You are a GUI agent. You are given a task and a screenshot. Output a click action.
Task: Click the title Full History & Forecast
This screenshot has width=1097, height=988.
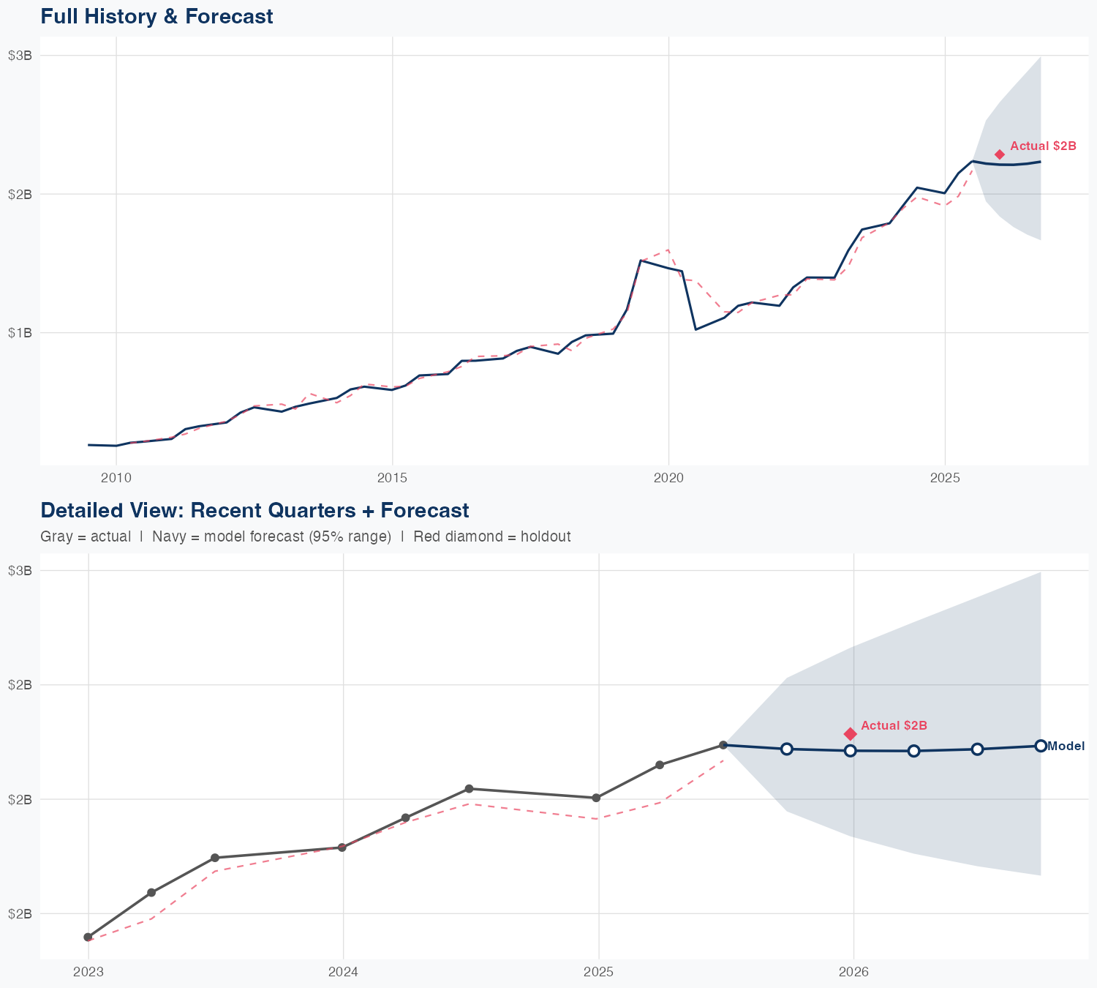[x=157, y=16]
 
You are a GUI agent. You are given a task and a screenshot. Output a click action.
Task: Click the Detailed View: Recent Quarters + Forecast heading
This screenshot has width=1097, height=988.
[x=255, y=510]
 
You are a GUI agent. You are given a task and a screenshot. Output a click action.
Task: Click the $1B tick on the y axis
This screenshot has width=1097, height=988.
[x=20, y=333]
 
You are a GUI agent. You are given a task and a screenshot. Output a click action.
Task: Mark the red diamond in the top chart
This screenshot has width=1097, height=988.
[x=1000, y=154]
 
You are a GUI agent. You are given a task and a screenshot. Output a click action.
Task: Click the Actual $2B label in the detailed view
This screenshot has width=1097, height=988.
[x=894, y=725]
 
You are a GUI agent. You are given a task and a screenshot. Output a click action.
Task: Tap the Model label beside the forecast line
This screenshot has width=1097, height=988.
[x=1066, y=746]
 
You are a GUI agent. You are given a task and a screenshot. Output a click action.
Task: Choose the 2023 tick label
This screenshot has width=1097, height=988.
[x=88, y=972]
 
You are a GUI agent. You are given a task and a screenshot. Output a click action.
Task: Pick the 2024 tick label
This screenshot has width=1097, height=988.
[x=343, y=972]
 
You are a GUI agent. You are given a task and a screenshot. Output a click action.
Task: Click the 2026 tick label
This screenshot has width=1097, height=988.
[x=853, y=972]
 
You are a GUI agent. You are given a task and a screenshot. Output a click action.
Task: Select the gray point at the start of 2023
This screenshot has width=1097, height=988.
[x=88, y=937]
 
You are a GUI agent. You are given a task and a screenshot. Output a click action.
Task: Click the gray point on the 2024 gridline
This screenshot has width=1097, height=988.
[x=342, y=847]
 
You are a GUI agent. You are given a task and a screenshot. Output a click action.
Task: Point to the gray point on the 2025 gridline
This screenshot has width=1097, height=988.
[x=596, y=798]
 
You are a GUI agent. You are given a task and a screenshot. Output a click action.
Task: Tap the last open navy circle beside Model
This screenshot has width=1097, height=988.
[x=1041, y=746]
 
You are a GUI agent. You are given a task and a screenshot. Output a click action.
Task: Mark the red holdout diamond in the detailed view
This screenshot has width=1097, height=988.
[x=850, y=733]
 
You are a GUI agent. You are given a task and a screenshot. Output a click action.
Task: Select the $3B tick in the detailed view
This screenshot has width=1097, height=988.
[x=20, y=570]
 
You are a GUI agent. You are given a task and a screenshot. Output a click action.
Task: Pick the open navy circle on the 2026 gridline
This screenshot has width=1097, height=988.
[x=850, y=751]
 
